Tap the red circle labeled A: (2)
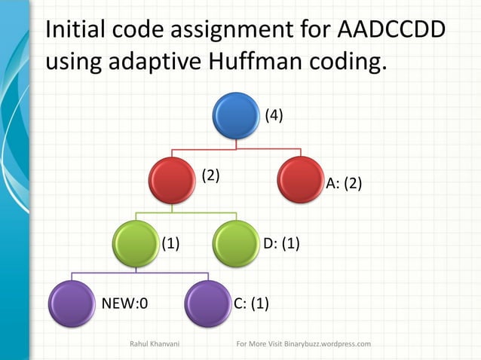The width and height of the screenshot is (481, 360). (301, 180)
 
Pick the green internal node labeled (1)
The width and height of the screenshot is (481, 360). (136, 243)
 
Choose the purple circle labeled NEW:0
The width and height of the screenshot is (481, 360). (72, 304)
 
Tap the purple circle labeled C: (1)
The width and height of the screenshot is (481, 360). (207, 304)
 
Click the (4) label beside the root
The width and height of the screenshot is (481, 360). (274, 116)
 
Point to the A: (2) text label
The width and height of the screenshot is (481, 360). (344, 184)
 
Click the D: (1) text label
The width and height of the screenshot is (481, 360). (281, 243)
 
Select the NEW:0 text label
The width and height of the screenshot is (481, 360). (124, 304)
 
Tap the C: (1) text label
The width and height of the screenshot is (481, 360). (252, 304)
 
